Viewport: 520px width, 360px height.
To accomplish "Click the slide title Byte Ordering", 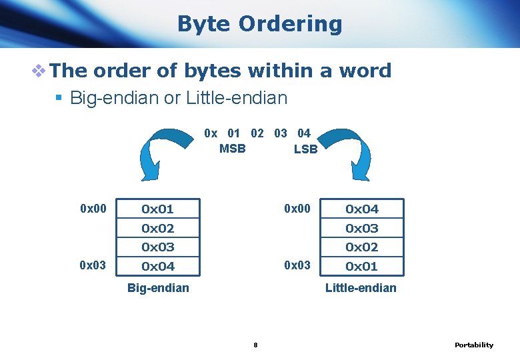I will coord(259,24).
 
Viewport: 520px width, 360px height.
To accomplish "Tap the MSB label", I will coord(232,149).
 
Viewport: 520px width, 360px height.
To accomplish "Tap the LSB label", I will coord(305,149).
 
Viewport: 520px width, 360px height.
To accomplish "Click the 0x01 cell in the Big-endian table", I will coord(157,209).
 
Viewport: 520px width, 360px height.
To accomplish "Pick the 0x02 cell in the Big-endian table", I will coord(157,228).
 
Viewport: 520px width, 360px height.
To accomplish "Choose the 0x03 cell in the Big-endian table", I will coord(157,247).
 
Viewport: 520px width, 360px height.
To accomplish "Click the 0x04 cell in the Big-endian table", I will coord(157,267).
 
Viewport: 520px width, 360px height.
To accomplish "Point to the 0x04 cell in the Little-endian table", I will coord(361,209).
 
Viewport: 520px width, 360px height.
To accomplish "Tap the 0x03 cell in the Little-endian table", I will coord(361,228).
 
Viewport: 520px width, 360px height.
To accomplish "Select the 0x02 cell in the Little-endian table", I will coord(361,247).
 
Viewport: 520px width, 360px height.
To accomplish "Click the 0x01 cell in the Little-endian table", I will coord(361,267).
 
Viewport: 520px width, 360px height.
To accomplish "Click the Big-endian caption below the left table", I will coord(158,288).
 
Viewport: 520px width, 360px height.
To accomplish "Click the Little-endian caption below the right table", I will coord(361,288).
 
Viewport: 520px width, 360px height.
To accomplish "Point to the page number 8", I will coord(255,345).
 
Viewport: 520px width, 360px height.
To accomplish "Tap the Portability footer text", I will coord(474,345).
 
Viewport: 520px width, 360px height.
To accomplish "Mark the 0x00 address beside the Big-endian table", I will coord(93,209).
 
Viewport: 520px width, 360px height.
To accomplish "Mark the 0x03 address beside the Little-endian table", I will coord(297,265).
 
